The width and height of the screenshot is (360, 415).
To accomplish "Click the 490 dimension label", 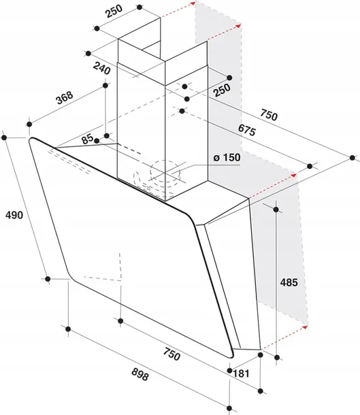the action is click(x=14, y=215).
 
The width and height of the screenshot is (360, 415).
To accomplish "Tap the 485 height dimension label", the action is click(x=289, y=282).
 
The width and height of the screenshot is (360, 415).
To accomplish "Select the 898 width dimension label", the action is click(x=140, y=374).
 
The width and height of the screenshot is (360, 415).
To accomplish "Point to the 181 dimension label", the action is click(x=241, y=373).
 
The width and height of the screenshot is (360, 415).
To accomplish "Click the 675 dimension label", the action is click(x=247, y=130).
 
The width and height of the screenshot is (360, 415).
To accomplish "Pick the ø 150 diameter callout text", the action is click(x=227, y=157).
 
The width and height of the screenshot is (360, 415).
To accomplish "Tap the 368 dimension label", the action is click(x=65, y=97).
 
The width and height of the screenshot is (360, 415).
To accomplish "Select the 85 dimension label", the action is click(x=87, y=139).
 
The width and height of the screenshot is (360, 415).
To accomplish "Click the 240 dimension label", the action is click(x=101, y=69).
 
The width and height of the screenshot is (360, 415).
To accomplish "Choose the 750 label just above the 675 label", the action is click(x=269, y=114).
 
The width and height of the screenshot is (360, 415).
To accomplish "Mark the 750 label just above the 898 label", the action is click(x=171, y=354).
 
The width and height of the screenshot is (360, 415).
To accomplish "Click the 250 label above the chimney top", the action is click(x=114, y=11).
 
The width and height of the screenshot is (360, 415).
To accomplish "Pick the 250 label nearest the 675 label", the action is click(x=222, y=90).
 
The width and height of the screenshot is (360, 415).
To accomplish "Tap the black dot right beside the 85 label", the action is click(x=97, y=141).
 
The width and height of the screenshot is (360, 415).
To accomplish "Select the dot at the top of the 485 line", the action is click(x=276, y=210).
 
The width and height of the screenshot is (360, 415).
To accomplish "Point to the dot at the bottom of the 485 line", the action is click(x=277, y=358).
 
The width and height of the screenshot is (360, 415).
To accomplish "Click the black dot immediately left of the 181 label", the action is click(x=229, y=371).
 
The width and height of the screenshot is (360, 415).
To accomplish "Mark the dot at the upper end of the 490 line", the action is click(x=4, y=137).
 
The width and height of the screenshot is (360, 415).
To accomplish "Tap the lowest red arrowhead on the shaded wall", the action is click(x=305, y=327).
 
